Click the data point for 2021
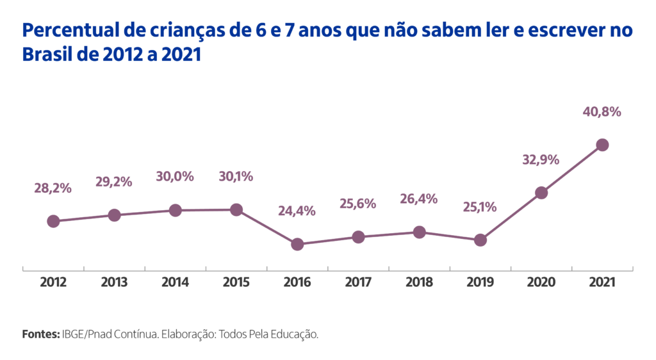pos(602,145)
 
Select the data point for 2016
pos(297,244)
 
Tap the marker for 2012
pos(53,221)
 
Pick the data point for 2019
pos(480,240)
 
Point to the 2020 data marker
pos(541,192)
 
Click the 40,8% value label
pos(602,112)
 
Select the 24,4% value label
pos(297,211)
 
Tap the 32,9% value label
pos(540,160)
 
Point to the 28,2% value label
pos(53,188)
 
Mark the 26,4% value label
pos(418,199)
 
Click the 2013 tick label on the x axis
pos(114,282)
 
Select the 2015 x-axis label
pos(236,282)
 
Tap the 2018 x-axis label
pos(419,282)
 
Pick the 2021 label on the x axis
pos(602,282)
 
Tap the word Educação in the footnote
pos(295,334)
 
